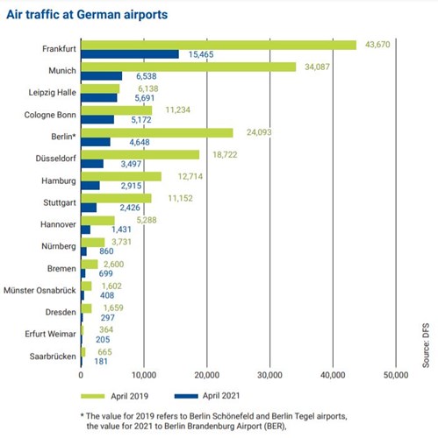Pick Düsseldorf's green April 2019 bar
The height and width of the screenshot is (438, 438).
click(140, 155)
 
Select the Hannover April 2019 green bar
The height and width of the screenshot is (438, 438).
click(97, 220)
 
